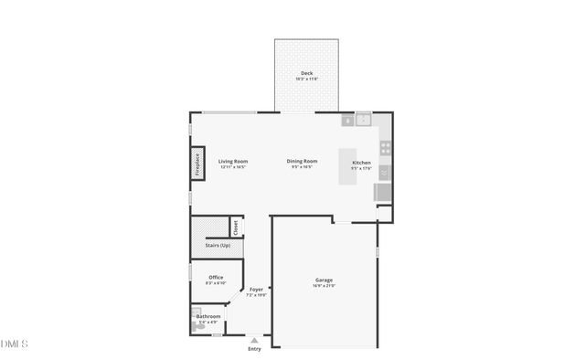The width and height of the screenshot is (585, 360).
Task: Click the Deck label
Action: coord(306,73)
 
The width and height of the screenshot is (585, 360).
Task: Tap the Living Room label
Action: coord(233,162)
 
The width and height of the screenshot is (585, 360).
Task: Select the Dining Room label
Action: coord(302,162)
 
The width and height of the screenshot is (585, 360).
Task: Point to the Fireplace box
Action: coord(197,164)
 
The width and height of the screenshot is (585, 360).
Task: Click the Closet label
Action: coord(235,227)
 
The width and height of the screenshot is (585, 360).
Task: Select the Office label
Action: coord(216,278)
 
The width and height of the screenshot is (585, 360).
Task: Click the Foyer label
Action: coord(257,290)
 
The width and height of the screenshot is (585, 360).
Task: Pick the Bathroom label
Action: coord(208,316)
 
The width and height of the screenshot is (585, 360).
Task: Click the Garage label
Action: coord(324,281)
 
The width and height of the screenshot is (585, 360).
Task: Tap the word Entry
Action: coord(254,349)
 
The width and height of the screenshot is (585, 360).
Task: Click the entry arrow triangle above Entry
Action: coord(254,340)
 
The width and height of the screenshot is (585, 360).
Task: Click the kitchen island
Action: coord(347,168)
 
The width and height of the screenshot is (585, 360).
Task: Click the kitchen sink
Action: coord(364,119)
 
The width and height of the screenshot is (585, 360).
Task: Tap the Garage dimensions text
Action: coord(324,287)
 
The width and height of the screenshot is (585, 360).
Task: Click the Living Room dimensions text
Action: coord(233,168)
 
